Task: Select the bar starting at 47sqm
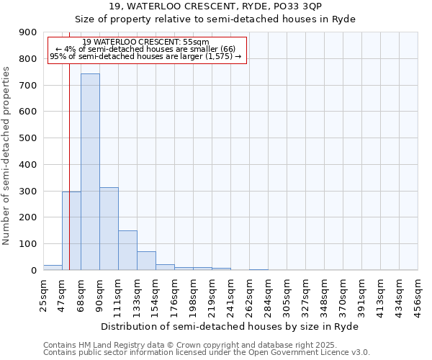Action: point(71,230)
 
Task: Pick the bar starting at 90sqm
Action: point(109,228)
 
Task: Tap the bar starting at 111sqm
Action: point(127,250)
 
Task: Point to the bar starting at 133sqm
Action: point(146,261)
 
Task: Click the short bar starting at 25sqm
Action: point(53,267)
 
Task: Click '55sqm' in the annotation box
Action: point(196,42)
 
